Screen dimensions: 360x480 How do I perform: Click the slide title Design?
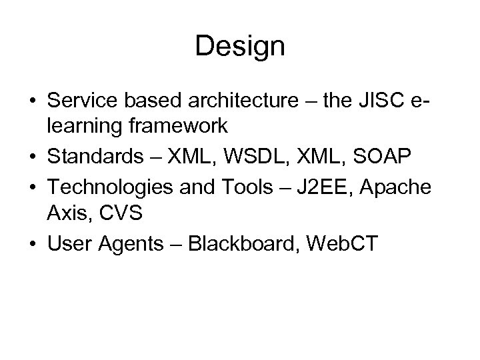240,46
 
